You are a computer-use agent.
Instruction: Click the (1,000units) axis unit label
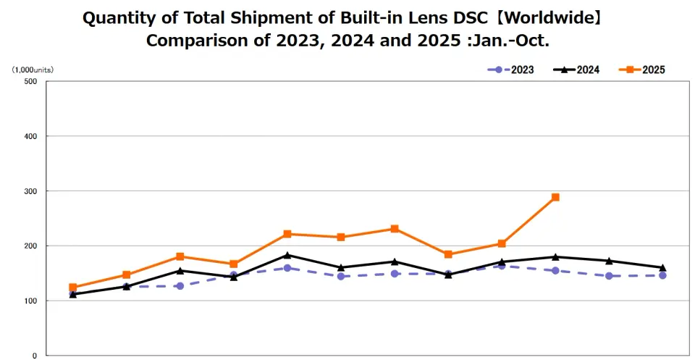(32, 70)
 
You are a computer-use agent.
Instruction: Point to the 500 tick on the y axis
(30, 81)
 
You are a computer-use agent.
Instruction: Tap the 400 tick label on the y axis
(30, 136)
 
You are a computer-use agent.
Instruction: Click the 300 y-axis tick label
(30, 191)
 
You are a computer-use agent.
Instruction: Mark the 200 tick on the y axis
(30, 246)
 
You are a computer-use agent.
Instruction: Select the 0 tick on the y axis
(34, 356)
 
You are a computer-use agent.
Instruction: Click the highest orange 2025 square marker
(555, 197)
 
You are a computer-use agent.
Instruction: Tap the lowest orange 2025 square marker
(73, 288)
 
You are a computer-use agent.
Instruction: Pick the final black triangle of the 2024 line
(662, 268)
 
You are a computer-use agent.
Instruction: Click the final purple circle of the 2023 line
(662, 275)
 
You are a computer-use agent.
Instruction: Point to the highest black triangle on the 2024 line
(287, 255)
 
